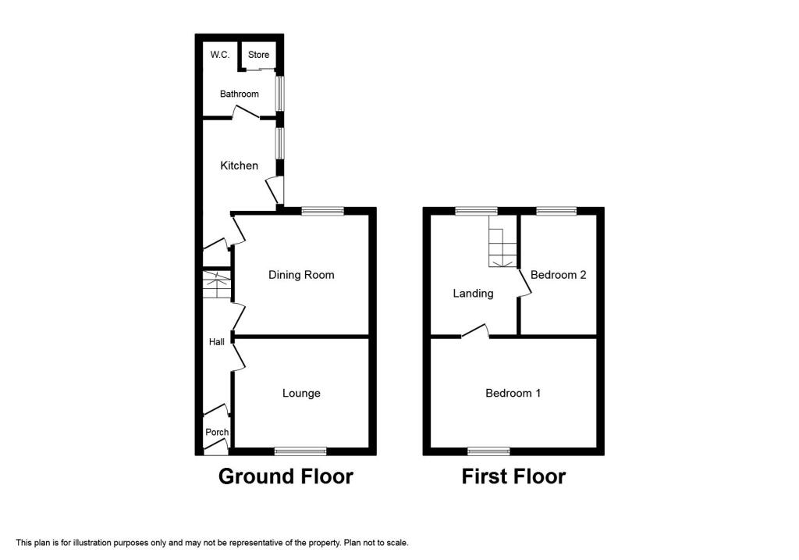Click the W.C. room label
tap(218, 55)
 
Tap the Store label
tap(258, 55)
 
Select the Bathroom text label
tap(239, 94)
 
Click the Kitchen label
tap(239, 166)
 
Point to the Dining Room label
tap(301, 275)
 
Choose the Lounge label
tap(301, 393)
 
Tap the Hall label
tap(216, 342)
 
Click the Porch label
tap(217, 432)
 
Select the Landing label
tap(473, 294)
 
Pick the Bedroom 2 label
tap(558, 275)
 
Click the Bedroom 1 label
tap(513, 393)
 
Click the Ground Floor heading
tap(286, 476)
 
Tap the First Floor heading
tap(513, 476)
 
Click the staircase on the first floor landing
tap(502, 242)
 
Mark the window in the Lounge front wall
tap(300, 451)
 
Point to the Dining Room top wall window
tap(322, 210)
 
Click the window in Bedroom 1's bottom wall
tap(488, 451)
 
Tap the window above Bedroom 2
tap(556, 210)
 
